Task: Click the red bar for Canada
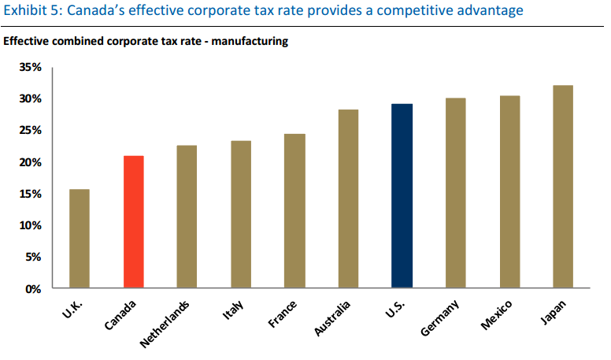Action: (133, 222)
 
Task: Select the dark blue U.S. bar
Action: (402, 196)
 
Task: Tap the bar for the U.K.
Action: (80, 239)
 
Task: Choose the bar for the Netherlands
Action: (187, 217)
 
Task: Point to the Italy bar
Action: (240, 214)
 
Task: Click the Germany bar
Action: (455, 193)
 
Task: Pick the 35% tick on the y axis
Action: (31, 67)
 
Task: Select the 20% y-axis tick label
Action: (31, 162)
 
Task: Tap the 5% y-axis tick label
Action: (34, 257)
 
